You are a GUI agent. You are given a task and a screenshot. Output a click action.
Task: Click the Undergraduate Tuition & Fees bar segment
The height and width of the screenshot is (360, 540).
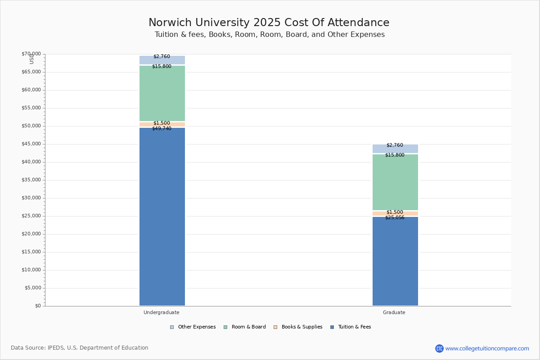pyautogui.click(x=162, y=216)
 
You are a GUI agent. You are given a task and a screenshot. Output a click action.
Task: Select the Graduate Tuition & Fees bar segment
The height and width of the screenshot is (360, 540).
pyautogui.click(x=395, y=261)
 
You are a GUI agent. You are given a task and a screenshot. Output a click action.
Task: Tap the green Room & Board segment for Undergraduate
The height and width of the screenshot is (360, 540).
pyautogui.click(x=162, y=94)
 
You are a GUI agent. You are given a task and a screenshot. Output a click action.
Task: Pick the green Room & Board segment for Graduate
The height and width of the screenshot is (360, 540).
pyautogui.click(x=395, y=182)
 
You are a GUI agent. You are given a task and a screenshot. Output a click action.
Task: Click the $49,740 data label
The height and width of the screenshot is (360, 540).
pyautogui.click(x=162, y=129)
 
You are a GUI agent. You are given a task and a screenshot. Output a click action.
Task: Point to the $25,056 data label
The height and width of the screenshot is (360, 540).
pyautogui.click(x=395, y=218)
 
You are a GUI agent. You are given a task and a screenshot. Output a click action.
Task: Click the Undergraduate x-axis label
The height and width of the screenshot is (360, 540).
pyautogui.click(x=162, y=312)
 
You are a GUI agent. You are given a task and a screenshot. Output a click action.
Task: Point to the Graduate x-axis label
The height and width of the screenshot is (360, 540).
pyautogui.click(x=394, y=312)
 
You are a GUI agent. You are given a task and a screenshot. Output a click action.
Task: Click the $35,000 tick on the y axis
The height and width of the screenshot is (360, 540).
pyautogui.click(x=31, y=180)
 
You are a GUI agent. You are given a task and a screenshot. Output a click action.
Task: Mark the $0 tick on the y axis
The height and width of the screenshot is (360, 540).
pyautogui.click(x=37, y=306)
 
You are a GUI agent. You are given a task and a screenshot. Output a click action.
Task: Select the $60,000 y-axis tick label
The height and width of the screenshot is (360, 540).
pyautogui.click(x=31, y=90)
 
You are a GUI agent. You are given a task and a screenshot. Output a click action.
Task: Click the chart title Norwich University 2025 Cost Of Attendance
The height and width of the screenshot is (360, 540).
pyautogui.click(x=269, y=23)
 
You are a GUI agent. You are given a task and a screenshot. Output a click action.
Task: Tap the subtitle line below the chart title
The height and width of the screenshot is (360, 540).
pyautogui.click(x=270, y=35)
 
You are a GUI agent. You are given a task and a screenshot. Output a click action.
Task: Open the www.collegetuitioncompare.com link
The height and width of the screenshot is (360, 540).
pyautogui.click(x=487, y=348)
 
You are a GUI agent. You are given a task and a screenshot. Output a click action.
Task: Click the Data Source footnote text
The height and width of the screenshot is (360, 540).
pyautogui.click(x=80, y=348)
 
